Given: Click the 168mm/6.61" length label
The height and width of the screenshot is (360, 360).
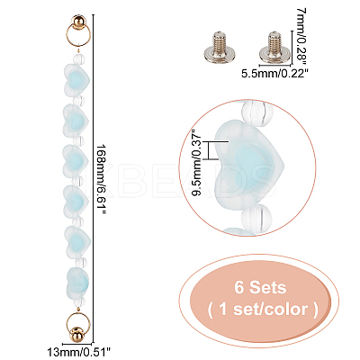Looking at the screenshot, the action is pos(103,179).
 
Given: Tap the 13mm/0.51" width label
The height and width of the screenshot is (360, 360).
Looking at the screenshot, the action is pos(79,350).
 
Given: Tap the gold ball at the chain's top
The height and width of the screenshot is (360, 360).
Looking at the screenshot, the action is pos(78,22).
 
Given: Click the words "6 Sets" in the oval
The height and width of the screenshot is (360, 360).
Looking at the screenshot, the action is pos(260,288).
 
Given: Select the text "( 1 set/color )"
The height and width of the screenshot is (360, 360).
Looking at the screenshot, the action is pos(262,310).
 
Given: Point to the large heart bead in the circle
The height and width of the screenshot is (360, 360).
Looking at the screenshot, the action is pos(249,166).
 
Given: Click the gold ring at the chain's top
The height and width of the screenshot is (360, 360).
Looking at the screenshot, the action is pos(77,35).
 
